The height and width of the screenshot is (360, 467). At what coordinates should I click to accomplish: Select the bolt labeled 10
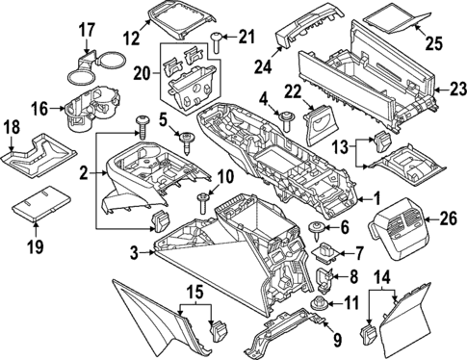(203, 201)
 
